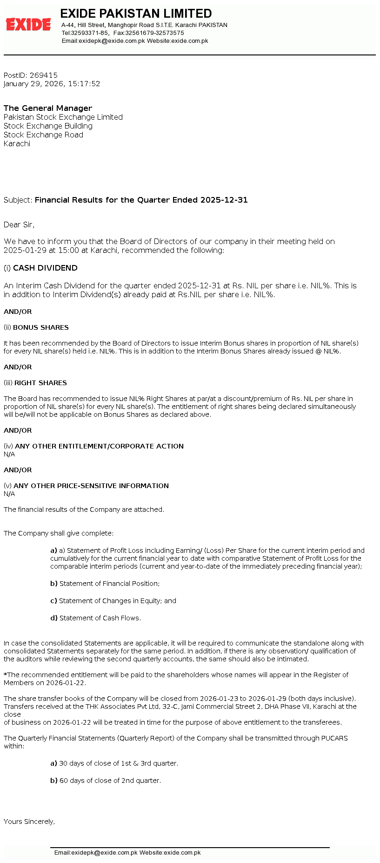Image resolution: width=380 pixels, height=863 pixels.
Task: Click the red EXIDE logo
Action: [28, 24]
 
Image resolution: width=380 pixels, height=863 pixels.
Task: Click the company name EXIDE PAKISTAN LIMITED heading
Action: [136, 14]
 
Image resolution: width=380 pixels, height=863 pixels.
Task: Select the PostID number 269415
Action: [44, 75]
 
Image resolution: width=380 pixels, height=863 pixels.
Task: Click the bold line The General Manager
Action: [48, 108]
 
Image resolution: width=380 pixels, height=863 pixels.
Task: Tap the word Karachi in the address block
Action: [17, 144]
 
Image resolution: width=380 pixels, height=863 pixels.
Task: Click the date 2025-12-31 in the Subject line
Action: [224, 200]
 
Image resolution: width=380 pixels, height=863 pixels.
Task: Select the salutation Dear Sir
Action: [19, 225]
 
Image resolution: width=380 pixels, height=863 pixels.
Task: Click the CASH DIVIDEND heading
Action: [45, 268]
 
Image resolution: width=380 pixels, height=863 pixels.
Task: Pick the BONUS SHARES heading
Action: [41, 327]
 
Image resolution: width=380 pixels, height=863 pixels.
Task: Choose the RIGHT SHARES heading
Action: [40, 383]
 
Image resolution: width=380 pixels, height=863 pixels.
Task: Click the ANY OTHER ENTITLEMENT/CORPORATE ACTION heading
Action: [99, 446]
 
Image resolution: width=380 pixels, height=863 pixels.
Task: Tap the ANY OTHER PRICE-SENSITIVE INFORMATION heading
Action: [91, 486]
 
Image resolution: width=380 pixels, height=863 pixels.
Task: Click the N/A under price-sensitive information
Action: [9, 494]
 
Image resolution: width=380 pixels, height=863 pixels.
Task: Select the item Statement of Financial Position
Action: [109, 584]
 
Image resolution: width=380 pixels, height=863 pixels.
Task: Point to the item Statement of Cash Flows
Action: [100, 618]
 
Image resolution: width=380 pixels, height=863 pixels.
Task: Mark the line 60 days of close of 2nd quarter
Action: [110, 781]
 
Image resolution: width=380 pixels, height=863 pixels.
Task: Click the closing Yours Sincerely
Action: [29, 822]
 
